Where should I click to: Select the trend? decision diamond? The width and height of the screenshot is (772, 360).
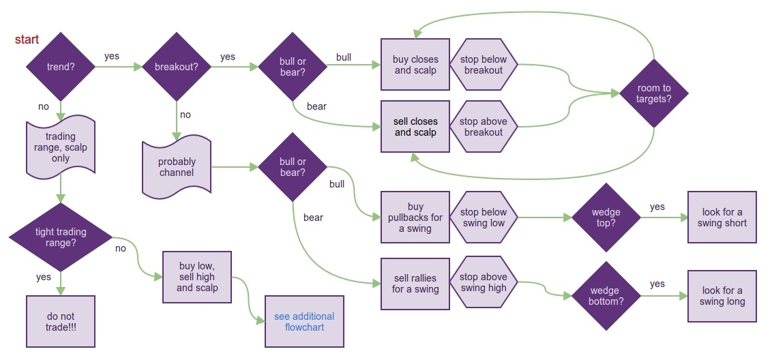coord(60,67)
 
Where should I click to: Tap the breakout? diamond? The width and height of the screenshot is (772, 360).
coord(177,67)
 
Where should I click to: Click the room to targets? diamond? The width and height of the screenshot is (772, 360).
coord(654,93)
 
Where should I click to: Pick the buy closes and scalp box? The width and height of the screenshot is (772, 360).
coord(415,65)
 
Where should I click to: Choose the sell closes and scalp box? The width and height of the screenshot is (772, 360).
coord(415,127)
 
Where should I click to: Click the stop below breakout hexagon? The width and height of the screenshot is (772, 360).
coord(484,65)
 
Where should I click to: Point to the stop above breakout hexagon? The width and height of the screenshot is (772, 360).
coord(484,127)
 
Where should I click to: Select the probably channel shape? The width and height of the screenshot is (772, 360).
coord(177,167)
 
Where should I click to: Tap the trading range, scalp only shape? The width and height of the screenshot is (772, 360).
coord(61,147)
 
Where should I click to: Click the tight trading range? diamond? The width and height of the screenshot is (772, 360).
coord(61,237)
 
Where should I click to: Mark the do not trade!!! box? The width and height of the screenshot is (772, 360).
coord(61,322)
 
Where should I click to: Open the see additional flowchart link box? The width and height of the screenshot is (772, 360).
coord(304,322)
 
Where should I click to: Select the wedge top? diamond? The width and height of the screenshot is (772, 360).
coord(606,217)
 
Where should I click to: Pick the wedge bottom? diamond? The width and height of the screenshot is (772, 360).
coord(606,296)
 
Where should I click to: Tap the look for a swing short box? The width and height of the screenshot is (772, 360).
coord(722,217)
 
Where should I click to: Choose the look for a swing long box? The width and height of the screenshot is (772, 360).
coord(722,296)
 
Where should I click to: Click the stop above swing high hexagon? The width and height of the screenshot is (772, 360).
coord(484,282)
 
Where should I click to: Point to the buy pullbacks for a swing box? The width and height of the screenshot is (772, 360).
coord(415,217)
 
